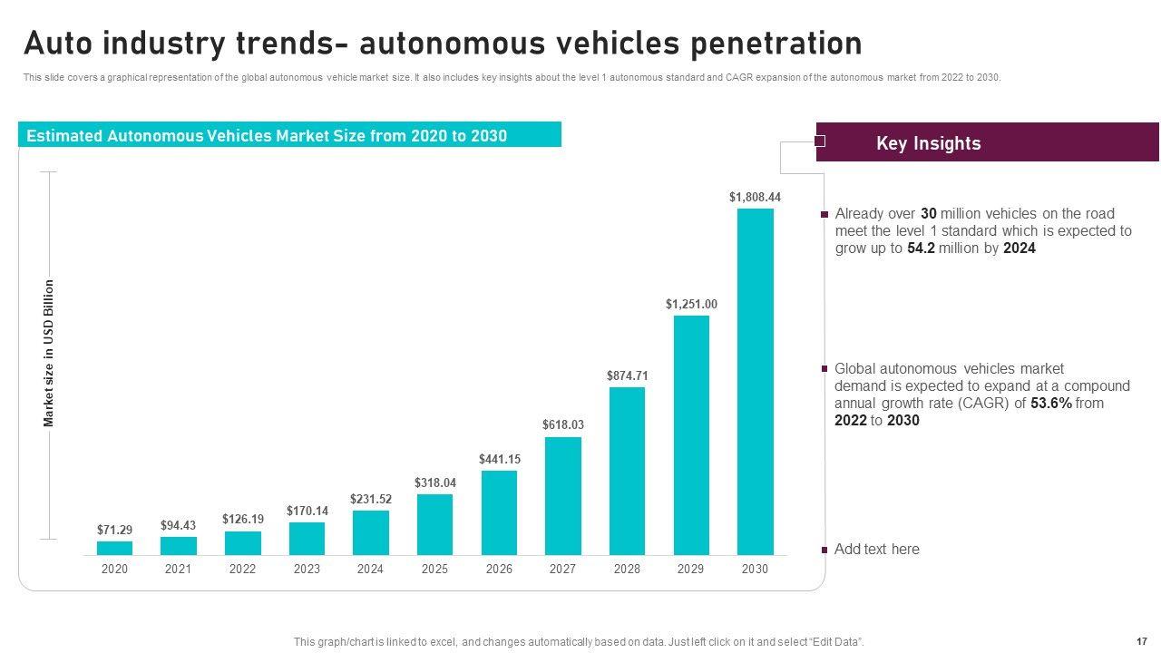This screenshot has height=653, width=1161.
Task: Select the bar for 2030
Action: coord(755,382)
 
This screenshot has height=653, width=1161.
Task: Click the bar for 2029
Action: coord(691,435)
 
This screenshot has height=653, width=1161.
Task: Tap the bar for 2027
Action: coord(562,496)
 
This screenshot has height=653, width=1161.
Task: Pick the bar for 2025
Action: coord(434,524)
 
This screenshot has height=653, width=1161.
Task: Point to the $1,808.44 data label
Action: coord(755,197)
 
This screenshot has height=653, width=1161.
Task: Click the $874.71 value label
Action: coord(627,375)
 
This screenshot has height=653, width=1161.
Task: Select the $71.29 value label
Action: coord(114,530)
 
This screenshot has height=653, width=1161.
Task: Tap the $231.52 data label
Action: coord(370,499)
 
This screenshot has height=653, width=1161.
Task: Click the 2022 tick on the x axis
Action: coord(242,570)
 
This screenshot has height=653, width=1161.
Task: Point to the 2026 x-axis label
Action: coord(499,570)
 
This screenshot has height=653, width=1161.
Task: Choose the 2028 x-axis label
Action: coord(627,570)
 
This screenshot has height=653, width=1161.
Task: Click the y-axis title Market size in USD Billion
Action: coord(50,354)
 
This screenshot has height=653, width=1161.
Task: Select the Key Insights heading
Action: coord(928,143)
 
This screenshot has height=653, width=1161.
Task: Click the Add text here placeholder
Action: coord(876,549)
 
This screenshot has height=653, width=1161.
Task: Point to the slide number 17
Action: coord(1141,641)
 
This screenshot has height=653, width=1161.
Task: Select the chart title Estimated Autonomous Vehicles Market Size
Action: coord(267,136)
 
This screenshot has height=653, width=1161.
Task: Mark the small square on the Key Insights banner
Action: coord(820,141)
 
